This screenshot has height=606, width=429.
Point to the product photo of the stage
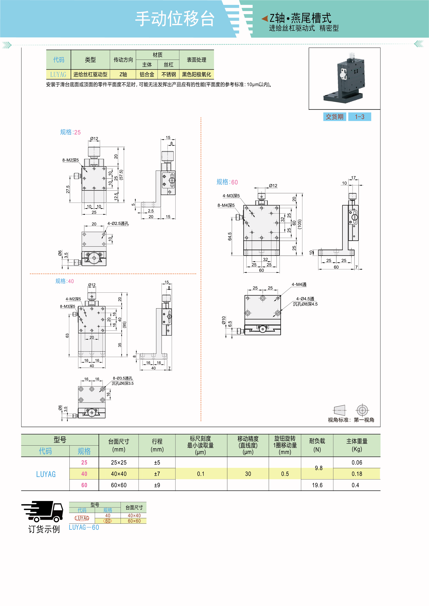pyautogui.click(x=344, y=78)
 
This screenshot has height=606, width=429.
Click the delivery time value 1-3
pyautogui.click(x=359, y=117)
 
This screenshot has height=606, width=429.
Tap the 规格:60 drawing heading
pyautogui.click(x=227, y=182)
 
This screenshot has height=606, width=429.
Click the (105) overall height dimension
pyautogui.click(x=300, y=224)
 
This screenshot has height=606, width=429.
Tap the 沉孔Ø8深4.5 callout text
pyautogui.click(x=305, y=304)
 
